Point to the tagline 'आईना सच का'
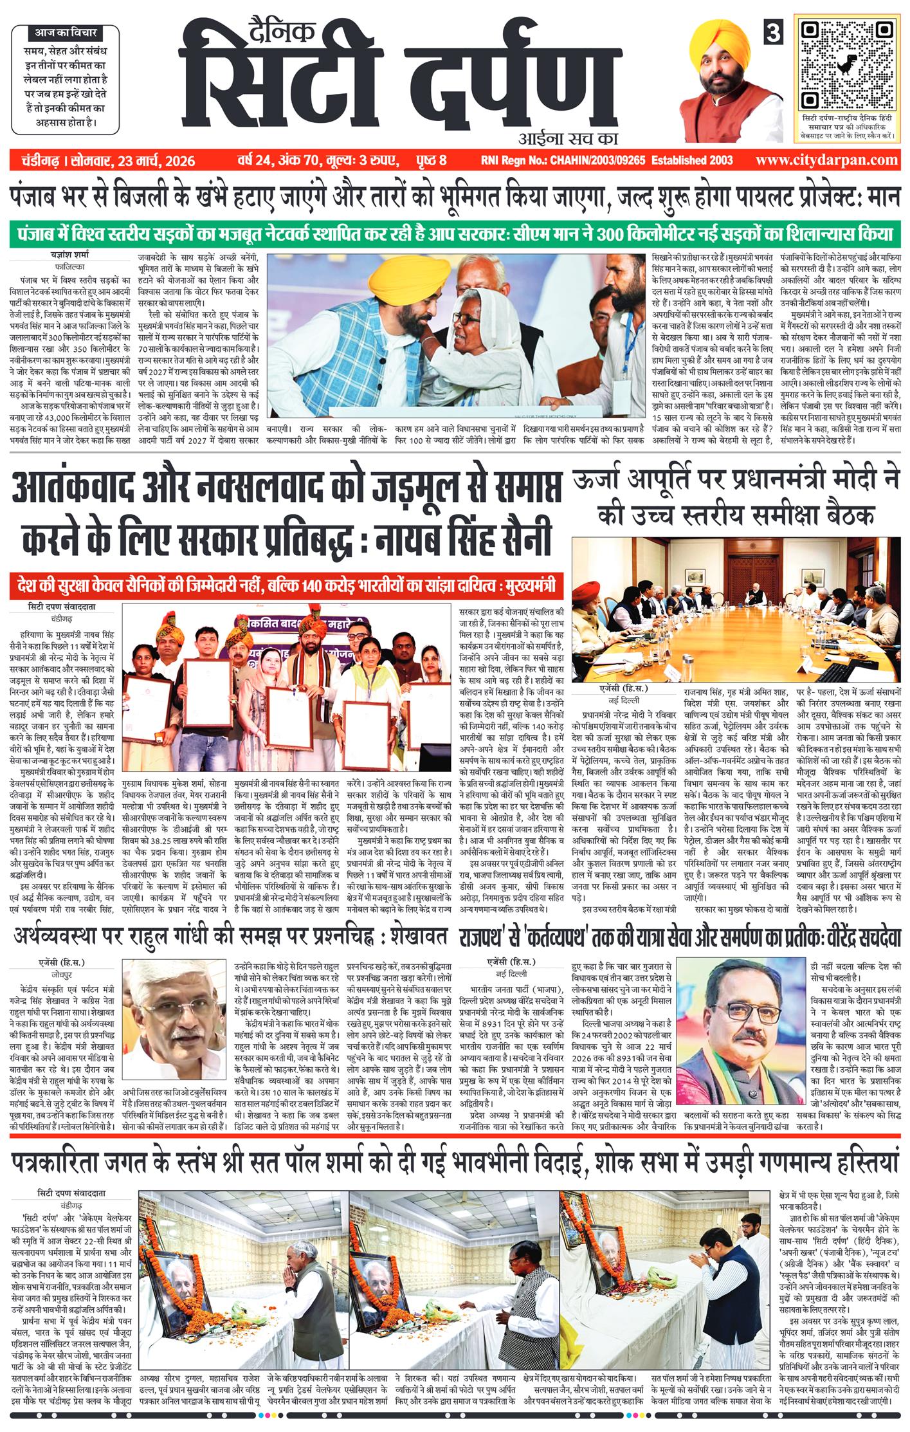(567, 137)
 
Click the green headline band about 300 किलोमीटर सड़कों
(455, 232)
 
